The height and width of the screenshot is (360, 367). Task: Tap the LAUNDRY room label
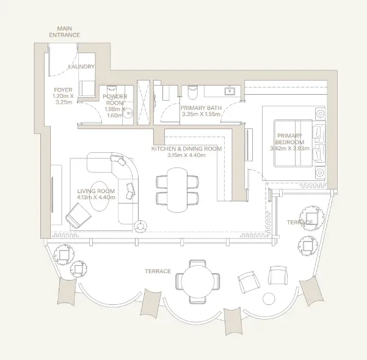82,66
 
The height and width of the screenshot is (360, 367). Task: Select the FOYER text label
62,90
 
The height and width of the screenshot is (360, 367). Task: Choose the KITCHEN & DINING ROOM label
187,149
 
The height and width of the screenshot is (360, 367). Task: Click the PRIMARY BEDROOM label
289,139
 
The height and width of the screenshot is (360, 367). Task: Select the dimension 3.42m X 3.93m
289,147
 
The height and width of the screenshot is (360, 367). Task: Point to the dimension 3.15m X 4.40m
187,155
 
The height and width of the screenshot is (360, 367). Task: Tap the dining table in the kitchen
178,189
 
